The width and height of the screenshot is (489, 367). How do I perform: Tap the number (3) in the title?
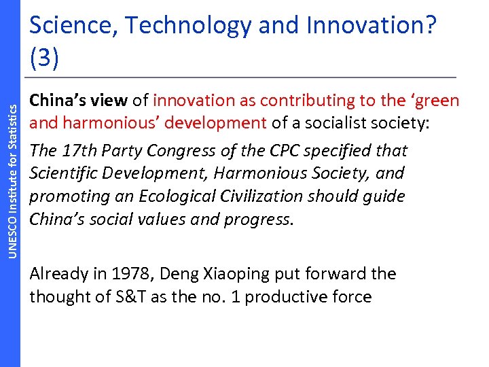click(x=45, y=58)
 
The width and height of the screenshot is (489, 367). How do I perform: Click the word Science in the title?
click(x=69, y=26)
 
